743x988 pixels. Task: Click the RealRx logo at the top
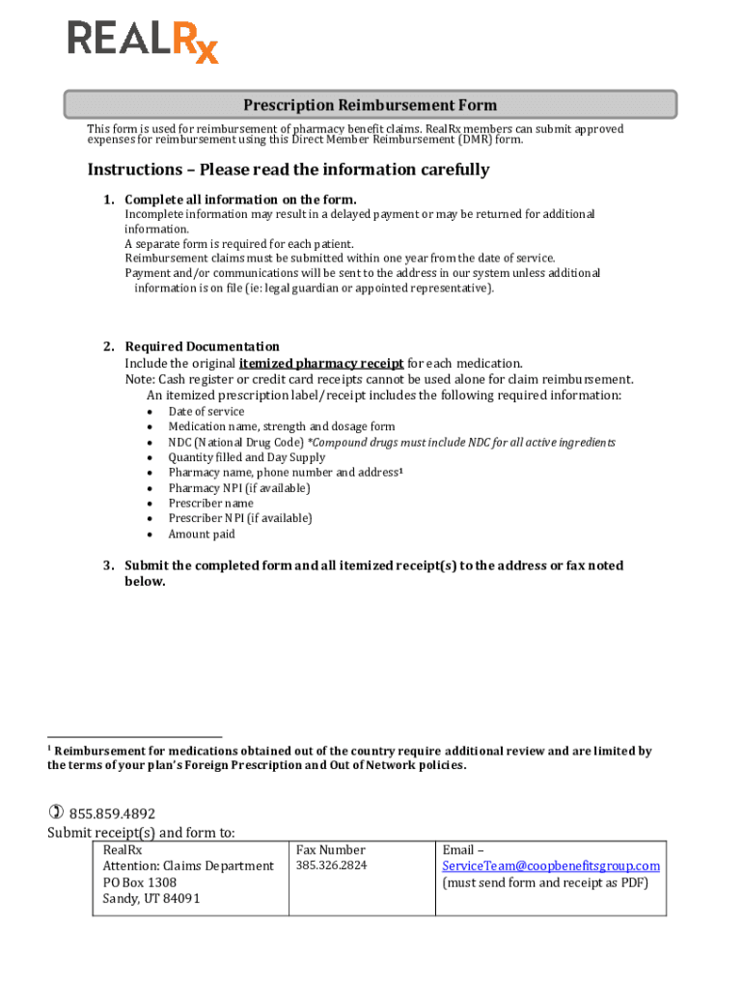pyautogui.click(x=143, y=41)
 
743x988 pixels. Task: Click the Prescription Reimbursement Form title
pyautogui.click(x=370, y=105)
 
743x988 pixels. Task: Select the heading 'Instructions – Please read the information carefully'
pyautogui.click(x=289, y=170)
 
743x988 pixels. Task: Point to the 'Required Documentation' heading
pyautogui.click(x=202, y=346)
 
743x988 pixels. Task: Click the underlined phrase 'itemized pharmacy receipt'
pyautogui.click(x=321, y=364)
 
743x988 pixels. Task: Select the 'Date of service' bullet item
pyautogui.click(x=206, y=411)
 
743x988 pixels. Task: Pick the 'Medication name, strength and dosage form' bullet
pyautogui.click(x=281, y=426)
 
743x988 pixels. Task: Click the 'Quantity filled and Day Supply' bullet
pyautogui.click(x=246, y=457)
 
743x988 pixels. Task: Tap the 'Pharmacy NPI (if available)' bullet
pyautogui.click(x=239, y=488)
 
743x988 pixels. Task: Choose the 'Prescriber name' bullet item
pyautogui.click(x=210, y=504)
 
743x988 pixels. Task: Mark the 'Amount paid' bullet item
pyautogui.click(x=201, y=535)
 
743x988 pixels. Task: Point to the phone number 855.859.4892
pyautogui.click(x=112, y=813)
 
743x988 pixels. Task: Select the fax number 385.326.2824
pyautogui.click(x=331, y=865)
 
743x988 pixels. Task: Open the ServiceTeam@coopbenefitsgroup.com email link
pyautogui.click(x=550, y=866)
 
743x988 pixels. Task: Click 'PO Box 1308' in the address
pyautogui.click(x=139, y=883)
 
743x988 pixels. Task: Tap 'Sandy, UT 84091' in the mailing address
pyautogui.click(x=151, y=899)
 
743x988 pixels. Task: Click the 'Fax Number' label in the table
pyautogui.click(x=330, y=850)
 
